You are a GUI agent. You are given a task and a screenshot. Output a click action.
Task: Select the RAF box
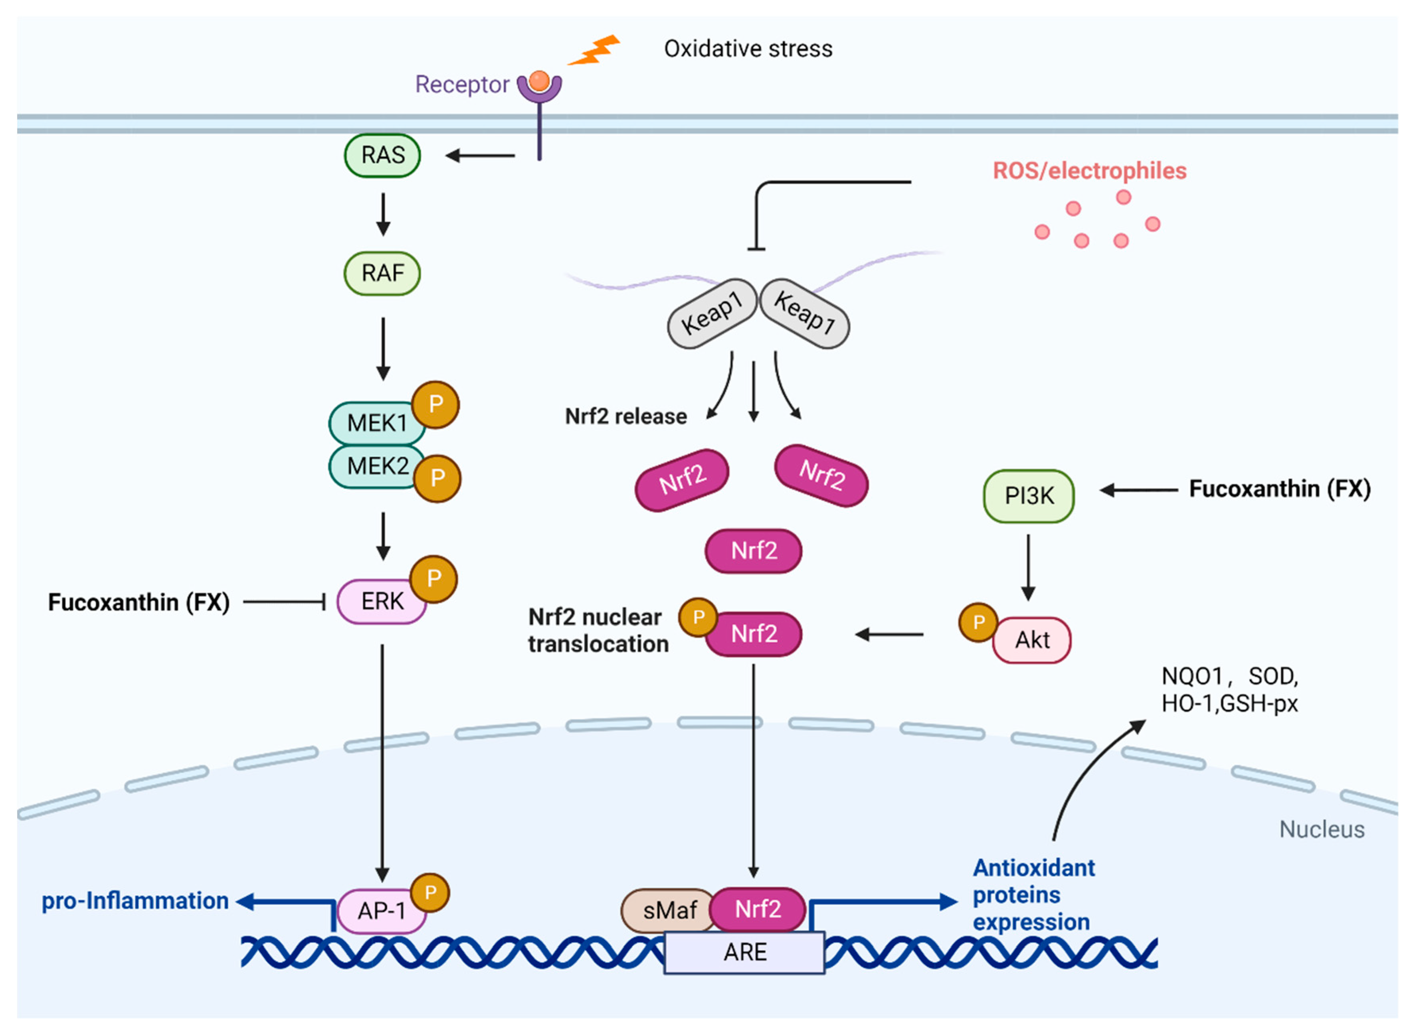click(382, 273)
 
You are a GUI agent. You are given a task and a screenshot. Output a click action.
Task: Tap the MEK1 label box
click(376, 423)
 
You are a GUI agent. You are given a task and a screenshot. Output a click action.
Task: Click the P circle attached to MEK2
click(437, 478)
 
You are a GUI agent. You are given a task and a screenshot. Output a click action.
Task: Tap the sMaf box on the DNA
click(669, 910)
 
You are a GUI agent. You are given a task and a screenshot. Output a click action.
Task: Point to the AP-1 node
click(381, 911)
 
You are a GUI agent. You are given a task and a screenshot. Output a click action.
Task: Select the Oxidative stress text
click(748, 49)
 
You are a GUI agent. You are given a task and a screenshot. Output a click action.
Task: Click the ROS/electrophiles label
click(1089, 171)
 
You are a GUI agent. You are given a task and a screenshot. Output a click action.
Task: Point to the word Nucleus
click(1321, 830)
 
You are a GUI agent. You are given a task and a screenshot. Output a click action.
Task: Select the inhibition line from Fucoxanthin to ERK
click(283, 602)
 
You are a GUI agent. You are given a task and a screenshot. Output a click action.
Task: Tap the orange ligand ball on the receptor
click(539, 80)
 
